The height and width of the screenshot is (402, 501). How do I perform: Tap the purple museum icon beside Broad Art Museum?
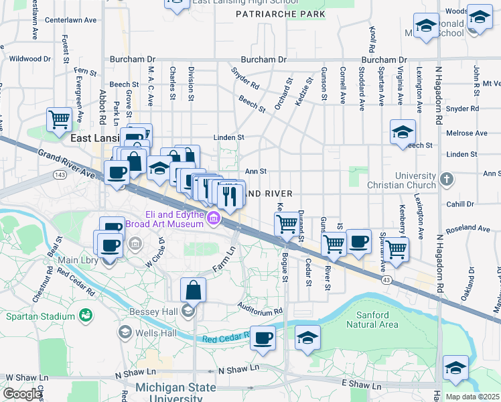tap(213, 217)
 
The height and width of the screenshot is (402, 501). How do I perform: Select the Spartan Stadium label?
tap(40, 316)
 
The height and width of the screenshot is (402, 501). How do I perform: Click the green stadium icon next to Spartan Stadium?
tap(85, 315)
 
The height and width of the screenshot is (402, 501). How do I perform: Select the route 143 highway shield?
tap(58, 174)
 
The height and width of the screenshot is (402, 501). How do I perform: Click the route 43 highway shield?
tap(386, 279)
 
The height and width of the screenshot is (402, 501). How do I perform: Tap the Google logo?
tap(21, 395)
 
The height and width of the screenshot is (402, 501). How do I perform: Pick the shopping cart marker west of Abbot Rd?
tap(60, 121)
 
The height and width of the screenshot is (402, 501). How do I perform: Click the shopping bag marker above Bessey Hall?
tap(193, 291)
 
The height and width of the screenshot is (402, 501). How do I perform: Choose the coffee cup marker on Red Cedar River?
tap(263, 338)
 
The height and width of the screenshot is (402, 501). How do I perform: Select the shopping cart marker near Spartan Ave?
tap(397, 249)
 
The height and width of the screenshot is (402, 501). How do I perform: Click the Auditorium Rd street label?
tap(260, 312)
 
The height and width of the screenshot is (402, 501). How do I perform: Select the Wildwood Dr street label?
tap(30, 59)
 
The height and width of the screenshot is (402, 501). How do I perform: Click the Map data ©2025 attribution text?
tap(472, 397)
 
